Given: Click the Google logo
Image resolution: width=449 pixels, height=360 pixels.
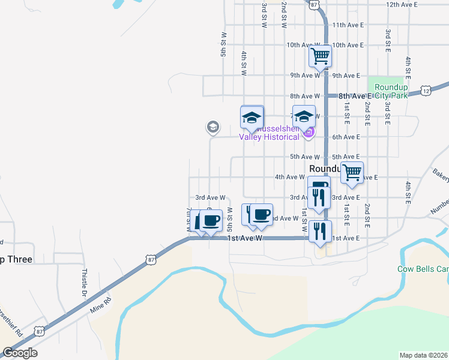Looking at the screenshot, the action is [20, 353].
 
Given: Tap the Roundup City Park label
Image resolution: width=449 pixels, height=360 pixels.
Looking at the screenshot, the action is [391, 91].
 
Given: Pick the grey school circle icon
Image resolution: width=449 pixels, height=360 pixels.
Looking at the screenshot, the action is [212, 127].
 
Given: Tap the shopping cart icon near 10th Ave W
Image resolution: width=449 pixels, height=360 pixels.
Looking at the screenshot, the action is [321, 56].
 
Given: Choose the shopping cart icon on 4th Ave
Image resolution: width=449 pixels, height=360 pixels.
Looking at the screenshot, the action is [352, 173].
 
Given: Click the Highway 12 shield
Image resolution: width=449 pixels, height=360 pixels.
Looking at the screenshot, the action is [426, 91].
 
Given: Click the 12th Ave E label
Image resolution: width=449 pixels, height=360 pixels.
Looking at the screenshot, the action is [402, 4].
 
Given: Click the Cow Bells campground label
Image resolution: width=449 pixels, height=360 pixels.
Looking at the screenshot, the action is [423, 269].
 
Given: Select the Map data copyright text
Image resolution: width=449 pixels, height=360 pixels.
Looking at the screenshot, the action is [424, 355].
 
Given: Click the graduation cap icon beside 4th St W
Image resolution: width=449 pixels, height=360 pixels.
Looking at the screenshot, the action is [252, 117].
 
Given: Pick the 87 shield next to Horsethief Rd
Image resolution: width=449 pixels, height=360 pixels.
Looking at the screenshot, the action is [39, 331].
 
